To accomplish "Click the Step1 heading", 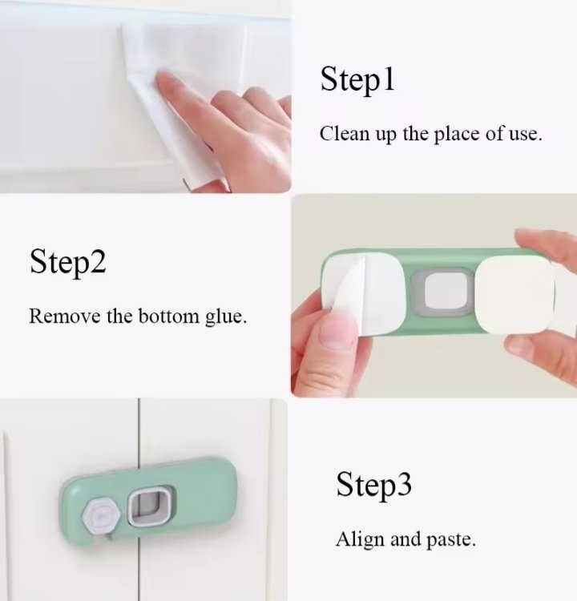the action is pos(357,80).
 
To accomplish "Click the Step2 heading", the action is pos(68,263).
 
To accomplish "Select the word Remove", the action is pos(65,317).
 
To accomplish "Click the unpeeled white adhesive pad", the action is pos(514,294).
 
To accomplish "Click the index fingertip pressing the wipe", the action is pos(164,81).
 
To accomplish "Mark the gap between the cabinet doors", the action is pos(139,498).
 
